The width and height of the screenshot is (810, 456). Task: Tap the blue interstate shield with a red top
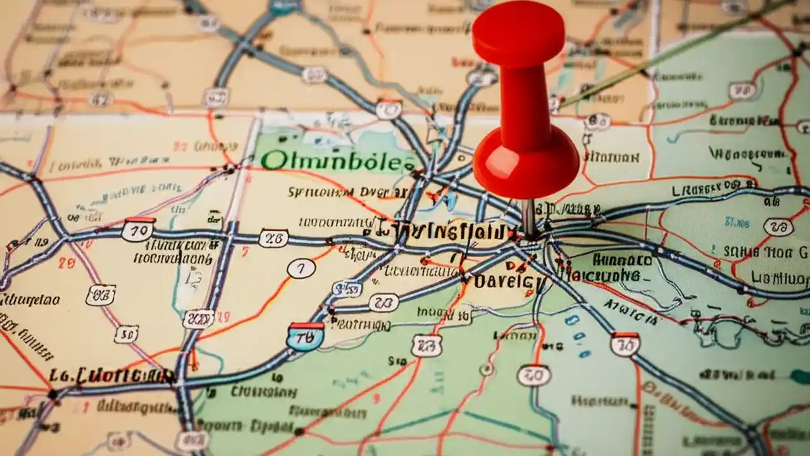[305, 336]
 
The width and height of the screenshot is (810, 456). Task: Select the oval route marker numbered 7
[301, 269]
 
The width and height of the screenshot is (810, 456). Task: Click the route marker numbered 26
[273, 238]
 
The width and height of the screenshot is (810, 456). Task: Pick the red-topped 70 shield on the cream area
[138, 229]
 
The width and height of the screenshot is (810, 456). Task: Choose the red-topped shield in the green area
[625, 343]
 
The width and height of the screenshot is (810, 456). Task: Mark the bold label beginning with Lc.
[113, 376]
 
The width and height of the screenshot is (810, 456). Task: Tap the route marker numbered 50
[127, 334]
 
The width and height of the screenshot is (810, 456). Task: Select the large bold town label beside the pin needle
[443, 231]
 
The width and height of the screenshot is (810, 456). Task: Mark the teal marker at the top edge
[284, 6]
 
